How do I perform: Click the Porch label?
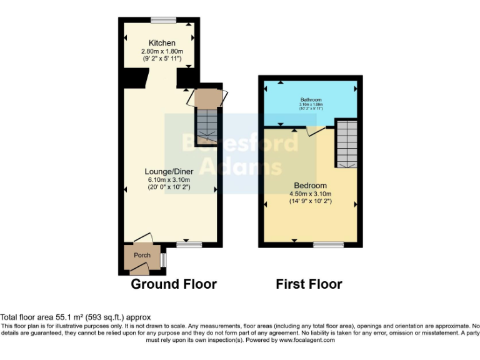[142, 255]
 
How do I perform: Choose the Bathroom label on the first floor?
[310, 99]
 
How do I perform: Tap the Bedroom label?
[311, 186]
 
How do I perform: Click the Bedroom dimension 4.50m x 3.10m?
[311, 194]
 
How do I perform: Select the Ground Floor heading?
[173, 284]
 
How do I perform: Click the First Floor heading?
[309, 284]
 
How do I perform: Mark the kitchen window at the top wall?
[162, 20]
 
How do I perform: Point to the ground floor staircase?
[206, 126]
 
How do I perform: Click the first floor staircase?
[346, 144]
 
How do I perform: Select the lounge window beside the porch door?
[186, 244]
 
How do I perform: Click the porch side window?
[162, 259]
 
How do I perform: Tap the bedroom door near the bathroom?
[316, 131]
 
